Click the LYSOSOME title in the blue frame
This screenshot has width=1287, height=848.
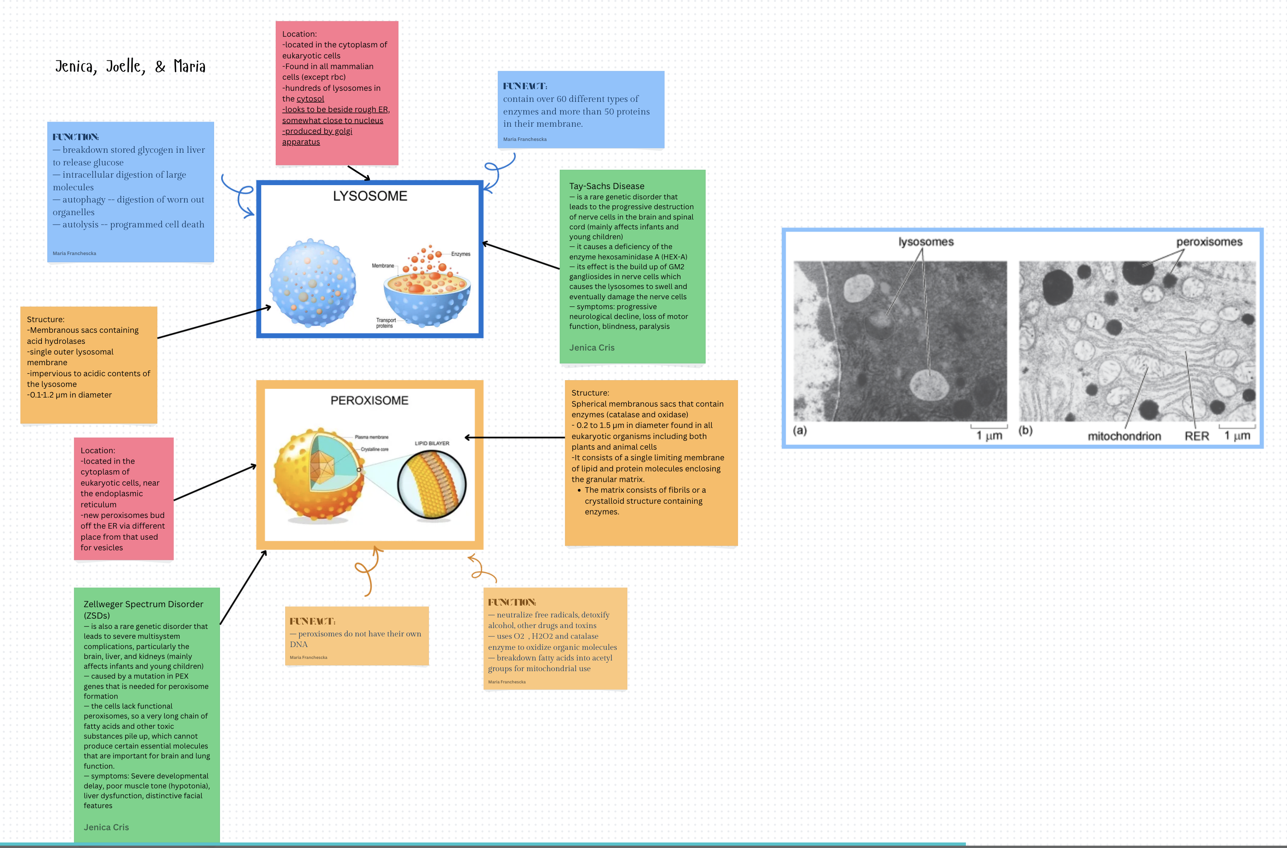(370, 196)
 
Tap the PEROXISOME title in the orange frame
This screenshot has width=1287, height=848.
(369, 400)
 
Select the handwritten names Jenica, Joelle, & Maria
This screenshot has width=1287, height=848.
(130, 66)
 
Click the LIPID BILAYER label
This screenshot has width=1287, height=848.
(432, 443)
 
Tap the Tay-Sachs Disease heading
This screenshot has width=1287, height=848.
(606, 186)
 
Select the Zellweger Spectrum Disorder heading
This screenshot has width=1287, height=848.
(143, 610)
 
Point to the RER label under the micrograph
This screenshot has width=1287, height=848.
(1196, 437)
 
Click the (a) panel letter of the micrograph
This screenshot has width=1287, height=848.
(800, 430)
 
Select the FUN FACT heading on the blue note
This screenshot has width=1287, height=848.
(525, 86)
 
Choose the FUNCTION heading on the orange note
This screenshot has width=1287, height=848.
(512, 602)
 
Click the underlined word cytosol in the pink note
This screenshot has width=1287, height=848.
(310, 99)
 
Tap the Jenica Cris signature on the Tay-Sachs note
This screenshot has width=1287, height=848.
(591, 348)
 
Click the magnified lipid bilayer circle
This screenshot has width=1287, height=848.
(432, 484)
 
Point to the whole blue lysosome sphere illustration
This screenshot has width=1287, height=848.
(313, 283)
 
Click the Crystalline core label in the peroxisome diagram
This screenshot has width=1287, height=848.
(374, 449)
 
